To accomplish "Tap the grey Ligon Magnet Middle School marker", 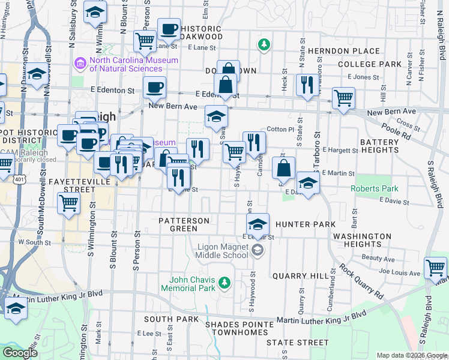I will click(x=258, y=251).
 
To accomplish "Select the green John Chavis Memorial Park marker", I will click(x=224, y=282).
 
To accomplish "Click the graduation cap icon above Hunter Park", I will click(x=258, y=224).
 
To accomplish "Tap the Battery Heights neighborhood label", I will click(x=379, y=146).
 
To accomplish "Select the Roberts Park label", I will click(x=375, y=188).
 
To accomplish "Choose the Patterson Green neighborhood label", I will click(x=184, y=224).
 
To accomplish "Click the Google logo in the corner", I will click(x=19, y=353).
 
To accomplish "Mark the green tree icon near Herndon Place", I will click(x=263, y=44).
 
